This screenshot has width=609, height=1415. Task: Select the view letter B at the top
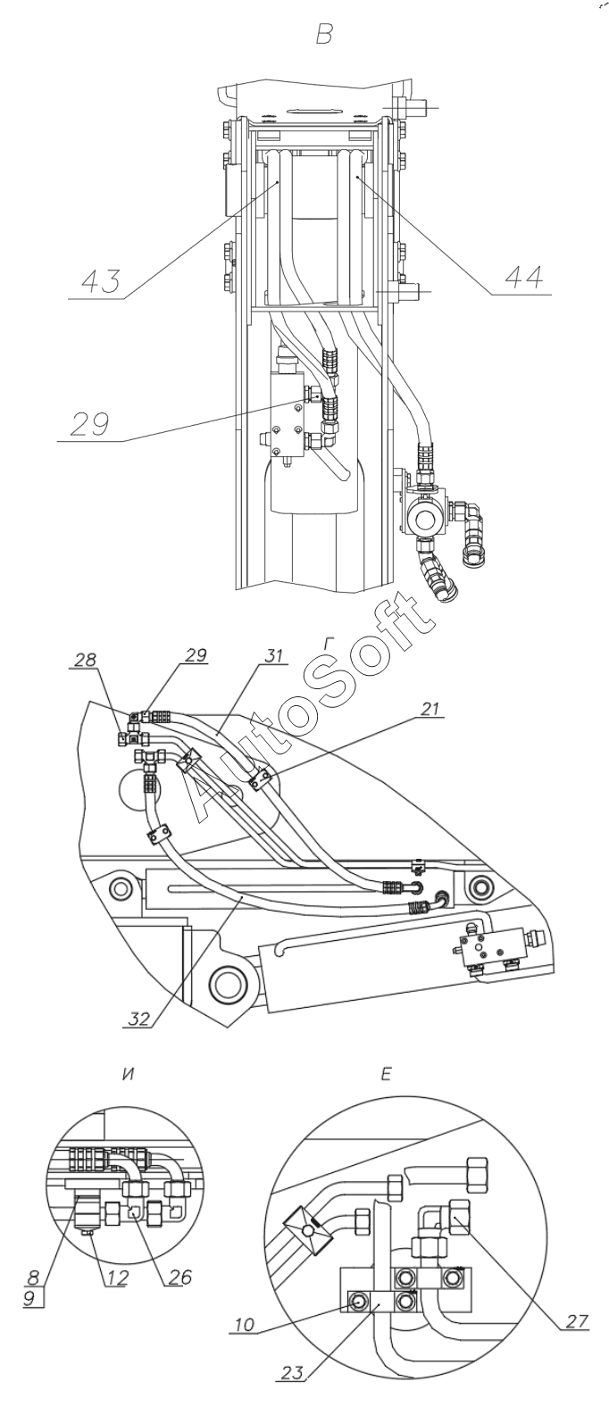pyautogui.click(x=324, y=35)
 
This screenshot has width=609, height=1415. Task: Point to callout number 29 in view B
pyautogui.click(x=89, y=425)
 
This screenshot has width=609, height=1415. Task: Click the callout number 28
pyautogui.click(x=85, y=660)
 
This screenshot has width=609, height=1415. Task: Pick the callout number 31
pyautogui.click(x=273, y=655)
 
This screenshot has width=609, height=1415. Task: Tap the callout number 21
pyautogui.click(x=430, y=708)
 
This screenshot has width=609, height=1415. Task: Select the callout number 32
pyautogui.click(x=140, y=1019)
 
